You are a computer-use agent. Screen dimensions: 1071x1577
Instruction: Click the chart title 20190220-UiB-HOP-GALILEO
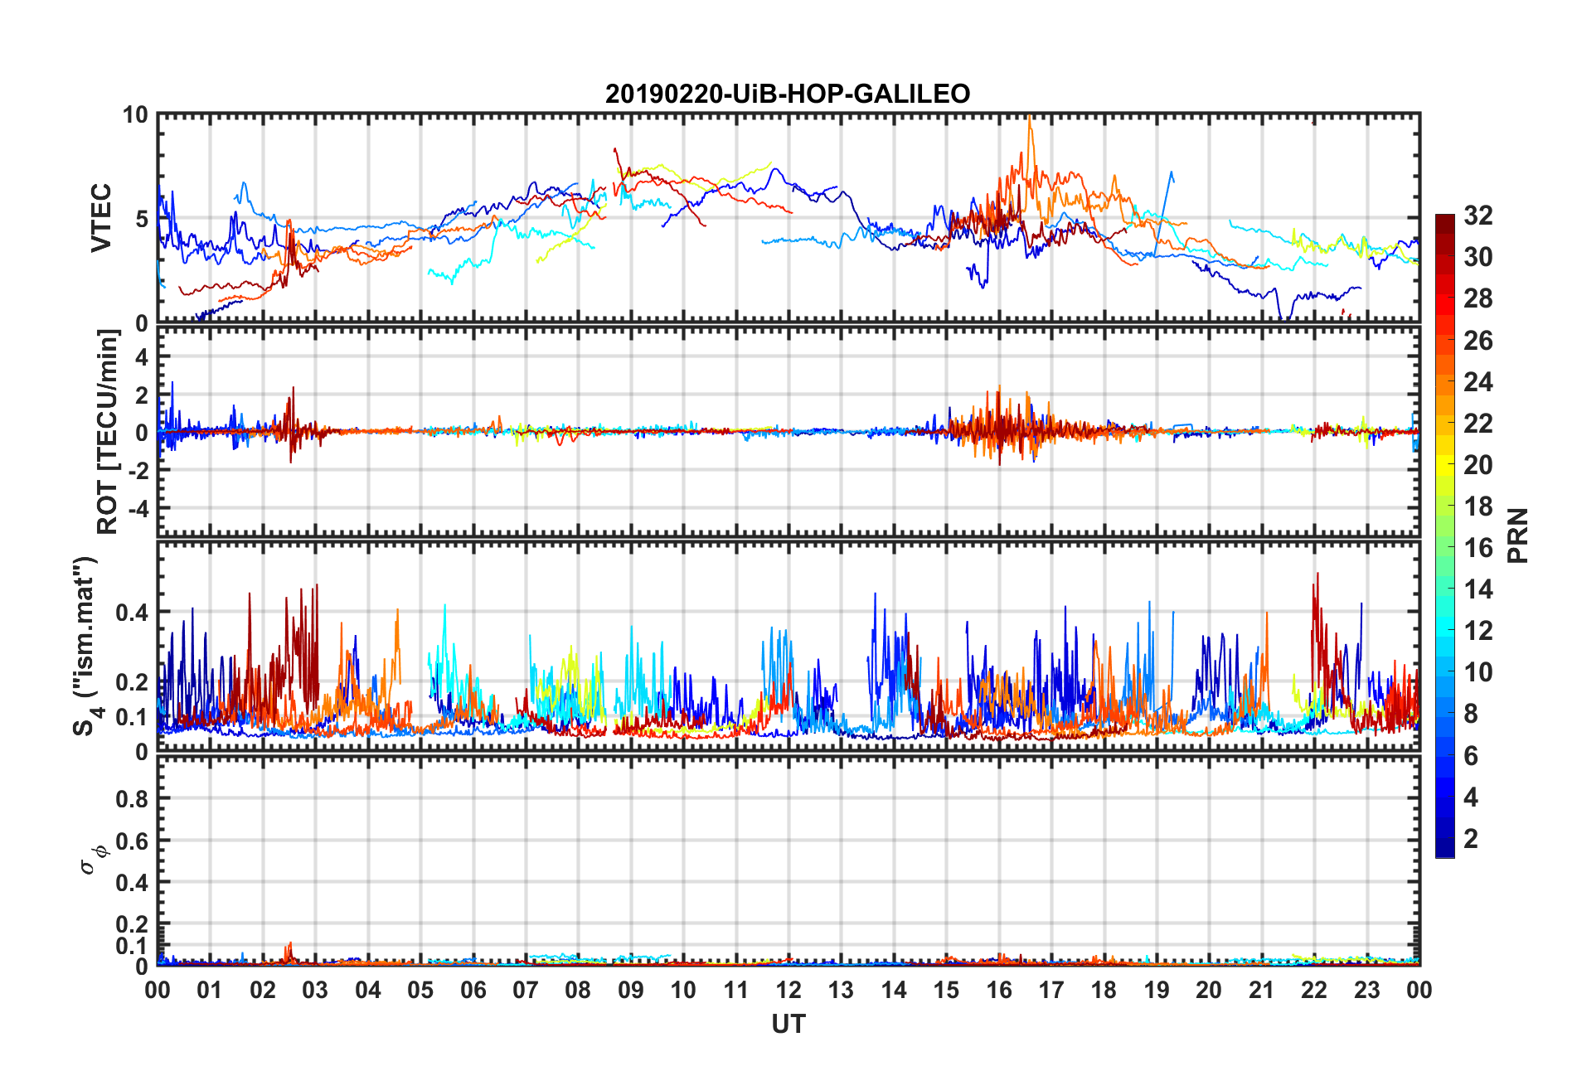pyautogui.click(x=787, y=94)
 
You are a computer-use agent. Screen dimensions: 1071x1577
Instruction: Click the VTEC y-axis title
pyautogui.click(x=100, y=218)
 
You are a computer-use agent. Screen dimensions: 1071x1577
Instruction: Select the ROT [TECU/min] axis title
pyautogui.click(x=108, y=432)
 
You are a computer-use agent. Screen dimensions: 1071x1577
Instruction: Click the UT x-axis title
pyautogui.click(x=788, y=1025)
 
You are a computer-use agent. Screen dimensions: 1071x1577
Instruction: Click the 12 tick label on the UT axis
pyautogui.click(x=788, y=990)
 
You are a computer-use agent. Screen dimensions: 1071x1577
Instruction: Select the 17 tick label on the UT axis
pyautogui.click(x=1051, y=990)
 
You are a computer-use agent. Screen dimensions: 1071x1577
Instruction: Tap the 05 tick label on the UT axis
pyautogui.click(x=420, y=990)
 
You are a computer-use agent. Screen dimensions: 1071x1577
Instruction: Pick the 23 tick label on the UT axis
pyautogui.click(x=1366, y=990)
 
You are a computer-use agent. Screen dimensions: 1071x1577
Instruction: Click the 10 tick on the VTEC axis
pyautogui.click(x=135, y=115)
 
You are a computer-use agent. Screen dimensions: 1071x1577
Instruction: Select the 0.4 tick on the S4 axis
pyautogui.click(x=132, y=613)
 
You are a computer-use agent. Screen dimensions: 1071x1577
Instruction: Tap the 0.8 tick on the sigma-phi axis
pyautogui.click(x=132, y=799)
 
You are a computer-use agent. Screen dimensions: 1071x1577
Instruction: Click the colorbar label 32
pyautogui.click(x=1478, y=216)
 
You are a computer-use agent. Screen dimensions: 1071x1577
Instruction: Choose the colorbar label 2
pyautogui.click(x=1471, y=839)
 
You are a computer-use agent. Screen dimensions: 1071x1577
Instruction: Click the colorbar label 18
pyautogui.click(x=1478, y=506)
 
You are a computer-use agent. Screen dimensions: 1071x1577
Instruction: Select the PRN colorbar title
pyautogui.click(x=1518, y=535)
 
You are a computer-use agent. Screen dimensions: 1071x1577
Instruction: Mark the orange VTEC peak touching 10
pyautogui.click(x=1029, y=119)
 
